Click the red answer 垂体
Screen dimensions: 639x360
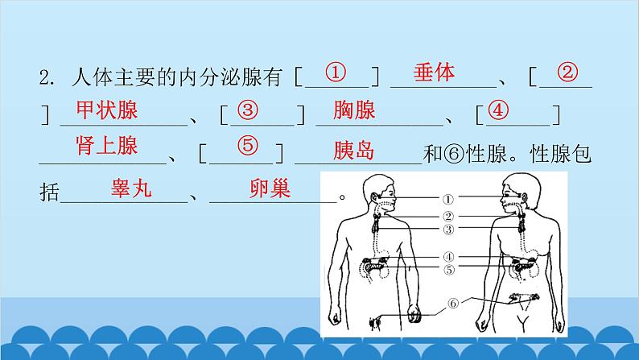coord(434,72)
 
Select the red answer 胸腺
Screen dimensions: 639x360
coord(354,110)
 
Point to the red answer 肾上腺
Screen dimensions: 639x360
coord(107,146)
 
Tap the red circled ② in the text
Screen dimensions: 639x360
coord(567,72)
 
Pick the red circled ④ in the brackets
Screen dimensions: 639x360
coord(500,110)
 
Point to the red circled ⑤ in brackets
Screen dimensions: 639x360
coord(247,147)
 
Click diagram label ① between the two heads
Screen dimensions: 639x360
coord(448,198)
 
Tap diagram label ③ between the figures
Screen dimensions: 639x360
coord(448,230)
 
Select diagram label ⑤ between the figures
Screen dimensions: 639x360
coord(448,269)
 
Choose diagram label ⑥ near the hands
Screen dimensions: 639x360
coord(452,304)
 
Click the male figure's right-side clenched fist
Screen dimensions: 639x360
coord(415,314)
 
